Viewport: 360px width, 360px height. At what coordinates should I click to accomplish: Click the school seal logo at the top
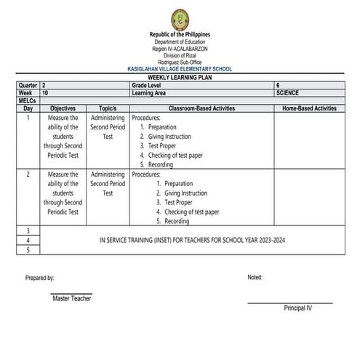(x=180, y=20)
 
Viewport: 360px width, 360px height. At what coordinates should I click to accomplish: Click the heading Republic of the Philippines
(x=180, y=35)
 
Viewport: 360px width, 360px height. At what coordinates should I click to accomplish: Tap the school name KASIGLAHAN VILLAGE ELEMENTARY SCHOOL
(x=180, y=69)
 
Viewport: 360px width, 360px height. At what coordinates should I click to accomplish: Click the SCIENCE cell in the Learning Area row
(x=288, y=93)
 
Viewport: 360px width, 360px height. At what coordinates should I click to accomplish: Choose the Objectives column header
(x=63, y=108)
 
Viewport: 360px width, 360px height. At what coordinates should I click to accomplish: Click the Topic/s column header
(x=108, y=108)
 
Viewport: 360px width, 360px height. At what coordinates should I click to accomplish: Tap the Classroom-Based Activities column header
(x=201, y=108)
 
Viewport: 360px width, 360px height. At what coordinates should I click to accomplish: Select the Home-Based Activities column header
(x=309, y=108)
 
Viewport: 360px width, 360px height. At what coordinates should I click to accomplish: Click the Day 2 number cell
(x=28, y=175)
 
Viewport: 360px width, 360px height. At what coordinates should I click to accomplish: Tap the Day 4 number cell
(x=28, y=239)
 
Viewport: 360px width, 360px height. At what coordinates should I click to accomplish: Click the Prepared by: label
(x=39, y=278)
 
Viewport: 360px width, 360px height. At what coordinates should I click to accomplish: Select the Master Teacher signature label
(x=71, y=299)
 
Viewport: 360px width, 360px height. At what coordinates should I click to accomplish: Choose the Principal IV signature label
(x=297, y=308)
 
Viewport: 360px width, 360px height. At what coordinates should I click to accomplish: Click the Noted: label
(x=255, y=278)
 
